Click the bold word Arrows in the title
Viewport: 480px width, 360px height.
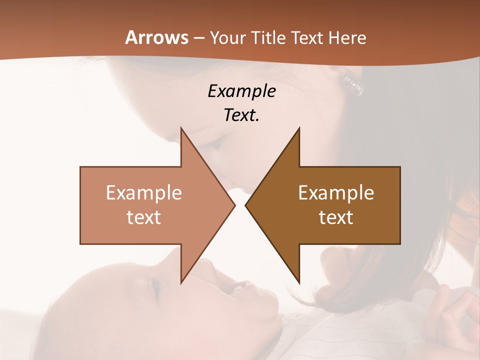pyautogui.click(x=157, y=37)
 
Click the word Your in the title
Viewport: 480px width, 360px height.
pyautogui.click(x=228, y=38)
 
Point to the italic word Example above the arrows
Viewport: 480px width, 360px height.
pyautogui.click(x=241, y=91)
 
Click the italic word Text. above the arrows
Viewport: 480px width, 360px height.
pyautogui.click(x=241, y=115)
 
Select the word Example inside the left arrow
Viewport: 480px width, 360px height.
pyautogui.click(x=144, y=192)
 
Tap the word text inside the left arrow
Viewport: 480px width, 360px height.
pyautogui.click(x=144, y=217)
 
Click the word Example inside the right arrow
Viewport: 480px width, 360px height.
pyautogui.click(x=336, y=192)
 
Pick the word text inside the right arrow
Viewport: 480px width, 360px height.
pyautogui.click(x=336, y=217)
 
